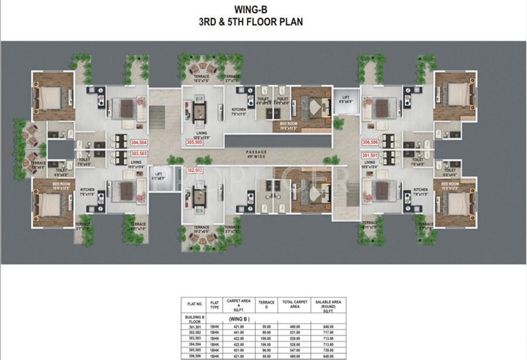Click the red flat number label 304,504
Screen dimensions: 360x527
139,142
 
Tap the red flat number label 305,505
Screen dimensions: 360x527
195,142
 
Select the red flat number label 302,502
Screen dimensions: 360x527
194,170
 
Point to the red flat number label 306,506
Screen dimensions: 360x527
370,142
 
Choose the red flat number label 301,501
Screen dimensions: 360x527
369,156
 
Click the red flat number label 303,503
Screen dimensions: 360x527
139,153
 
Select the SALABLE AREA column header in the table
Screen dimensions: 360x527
327,304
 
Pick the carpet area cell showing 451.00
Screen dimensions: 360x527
234,350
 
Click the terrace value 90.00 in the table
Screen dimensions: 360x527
266,332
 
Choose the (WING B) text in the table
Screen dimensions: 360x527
239,319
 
